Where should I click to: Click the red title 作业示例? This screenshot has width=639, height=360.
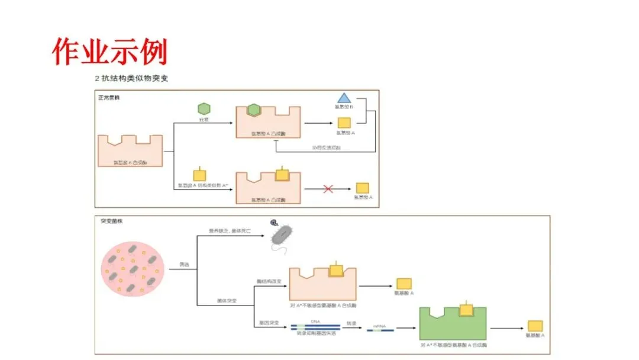(x=110, y=52)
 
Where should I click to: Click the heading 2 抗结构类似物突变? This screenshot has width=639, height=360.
(x=131, y=78)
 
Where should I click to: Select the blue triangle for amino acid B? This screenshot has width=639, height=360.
(x=344, y=98)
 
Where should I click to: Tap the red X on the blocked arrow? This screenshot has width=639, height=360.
(x=328, y=189)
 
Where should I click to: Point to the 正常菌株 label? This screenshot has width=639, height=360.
(x=109, y=97)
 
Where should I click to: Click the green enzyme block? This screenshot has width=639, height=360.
(x=453, y=323)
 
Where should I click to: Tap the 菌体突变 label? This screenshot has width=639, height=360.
(x=227, y=301)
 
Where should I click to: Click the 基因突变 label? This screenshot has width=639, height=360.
(x=269, y=324)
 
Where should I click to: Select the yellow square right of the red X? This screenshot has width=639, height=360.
(x=363, y=188)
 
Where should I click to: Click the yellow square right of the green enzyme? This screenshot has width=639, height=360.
(x=535, y=326)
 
